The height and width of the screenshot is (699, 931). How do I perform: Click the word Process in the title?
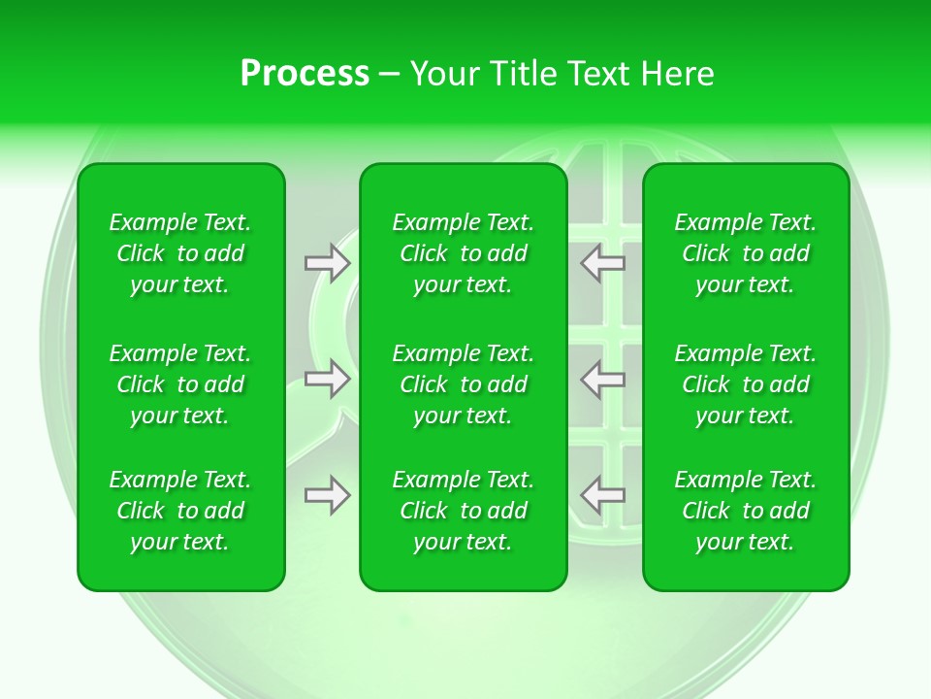305,73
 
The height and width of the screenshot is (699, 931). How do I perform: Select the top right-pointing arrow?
327,263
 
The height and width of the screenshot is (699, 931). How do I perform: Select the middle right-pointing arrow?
327,379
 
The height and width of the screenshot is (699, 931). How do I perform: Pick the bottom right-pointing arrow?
327,495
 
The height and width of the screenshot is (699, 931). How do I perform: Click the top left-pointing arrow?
603,263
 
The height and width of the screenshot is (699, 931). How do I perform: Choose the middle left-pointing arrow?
603,379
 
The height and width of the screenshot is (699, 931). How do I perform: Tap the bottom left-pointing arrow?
603,495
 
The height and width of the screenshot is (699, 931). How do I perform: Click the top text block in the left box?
180,253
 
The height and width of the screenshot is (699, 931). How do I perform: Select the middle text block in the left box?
180,384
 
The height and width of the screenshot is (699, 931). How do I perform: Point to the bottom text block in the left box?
180,511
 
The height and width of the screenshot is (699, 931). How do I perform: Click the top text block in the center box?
464,253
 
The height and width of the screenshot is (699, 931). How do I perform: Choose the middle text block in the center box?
464,384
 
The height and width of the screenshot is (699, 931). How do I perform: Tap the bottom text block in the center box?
464,511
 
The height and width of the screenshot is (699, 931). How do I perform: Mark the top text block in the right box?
746,253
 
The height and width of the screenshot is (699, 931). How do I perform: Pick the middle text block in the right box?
746,384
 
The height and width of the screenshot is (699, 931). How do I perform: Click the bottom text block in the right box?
746,511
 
